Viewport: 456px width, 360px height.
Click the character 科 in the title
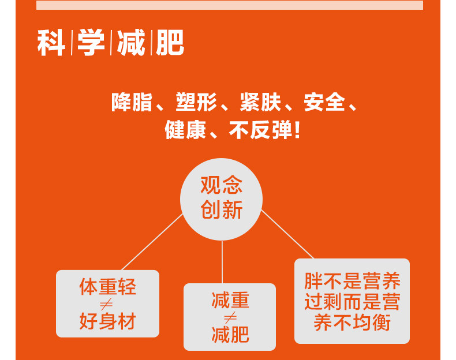click(x=51, y=43)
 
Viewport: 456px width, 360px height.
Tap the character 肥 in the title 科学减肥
click(x=170, y=43)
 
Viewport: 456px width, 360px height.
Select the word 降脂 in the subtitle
click(x=132, y=102)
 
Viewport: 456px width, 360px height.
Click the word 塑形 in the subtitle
click(x=196, y=102)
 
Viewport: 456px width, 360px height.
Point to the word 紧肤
click(x=260, y=102)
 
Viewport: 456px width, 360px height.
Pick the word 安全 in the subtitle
click(x=324, y=102)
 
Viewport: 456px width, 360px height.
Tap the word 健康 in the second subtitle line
click(x=185, y=130)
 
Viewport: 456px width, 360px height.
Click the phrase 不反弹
click(x=260, y=130)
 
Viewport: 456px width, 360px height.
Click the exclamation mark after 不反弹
click(x=297, y=130)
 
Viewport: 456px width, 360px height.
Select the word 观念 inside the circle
click(x=221, y=185)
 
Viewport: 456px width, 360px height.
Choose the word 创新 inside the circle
click(x=221, y=210)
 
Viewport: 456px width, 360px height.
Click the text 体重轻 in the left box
click(x=107, y=287)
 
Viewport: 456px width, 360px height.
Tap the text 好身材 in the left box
click(x=107, y=321)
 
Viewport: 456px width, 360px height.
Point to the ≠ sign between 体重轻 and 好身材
click(x=106, y=304)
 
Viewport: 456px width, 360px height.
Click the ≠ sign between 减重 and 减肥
click(x=230, y=318)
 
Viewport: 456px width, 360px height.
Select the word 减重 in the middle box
click(x=230, y=300)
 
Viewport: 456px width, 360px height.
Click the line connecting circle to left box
click(x=152, y=242)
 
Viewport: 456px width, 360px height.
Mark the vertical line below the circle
click(x=222, y=262)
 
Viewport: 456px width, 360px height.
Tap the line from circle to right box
click(x=287, y=234)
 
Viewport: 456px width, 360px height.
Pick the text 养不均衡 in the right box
click(x=352, y=322)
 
